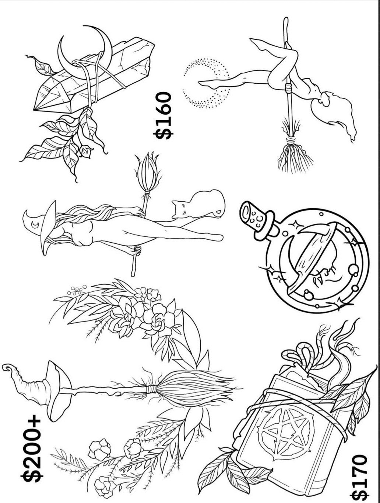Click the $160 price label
click(x=163, y=115)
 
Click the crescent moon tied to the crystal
click(x=85, y=53)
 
